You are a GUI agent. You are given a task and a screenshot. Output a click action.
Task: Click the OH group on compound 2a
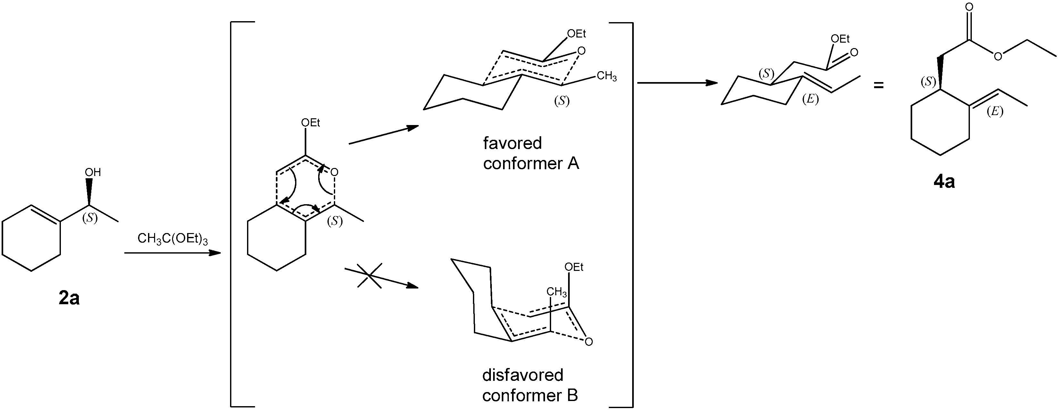[93, 172]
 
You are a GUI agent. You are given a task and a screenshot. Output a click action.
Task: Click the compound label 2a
[69, 298]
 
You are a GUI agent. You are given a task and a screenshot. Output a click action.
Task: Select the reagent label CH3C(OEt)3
[172, 239]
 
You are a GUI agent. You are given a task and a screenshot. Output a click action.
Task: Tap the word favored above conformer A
[512, 143]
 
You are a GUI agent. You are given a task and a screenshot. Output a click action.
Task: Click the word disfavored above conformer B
[522, 375]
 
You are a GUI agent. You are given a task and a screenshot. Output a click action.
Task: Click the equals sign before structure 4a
[878, 86]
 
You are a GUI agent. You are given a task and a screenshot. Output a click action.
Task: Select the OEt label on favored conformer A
[576, 34]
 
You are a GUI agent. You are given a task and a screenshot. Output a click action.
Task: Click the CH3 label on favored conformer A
[606, 76]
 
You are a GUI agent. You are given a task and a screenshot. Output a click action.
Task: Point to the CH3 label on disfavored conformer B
[557, 292]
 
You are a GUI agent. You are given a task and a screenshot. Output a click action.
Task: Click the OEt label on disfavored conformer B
[574, 267]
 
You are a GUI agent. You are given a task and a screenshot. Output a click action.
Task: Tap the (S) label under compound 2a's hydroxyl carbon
[90, 218]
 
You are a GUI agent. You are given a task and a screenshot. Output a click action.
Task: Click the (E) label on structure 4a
[995, 111]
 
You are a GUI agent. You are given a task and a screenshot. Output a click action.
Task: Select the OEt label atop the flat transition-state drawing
[310, 122]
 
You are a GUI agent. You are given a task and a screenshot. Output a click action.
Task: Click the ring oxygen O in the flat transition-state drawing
[334, 172]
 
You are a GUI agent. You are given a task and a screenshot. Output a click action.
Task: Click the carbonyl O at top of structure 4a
[969, 7]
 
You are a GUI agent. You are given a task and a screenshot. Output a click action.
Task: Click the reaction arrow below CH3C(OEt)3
[172, 253]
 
